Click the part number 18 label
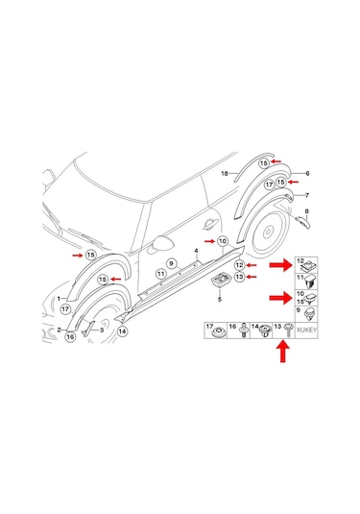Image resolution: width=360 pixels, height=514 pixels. coord(225,173)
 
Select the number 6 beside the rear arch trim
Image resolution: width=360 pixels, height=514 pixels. coord(307,173)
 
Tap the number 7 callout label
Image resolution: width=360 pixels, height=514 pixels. coord(307,195)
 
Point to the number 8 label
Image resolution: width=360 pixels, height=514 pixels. coord(306,211)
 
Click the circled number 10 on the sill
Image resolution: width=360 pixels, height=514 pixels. coord(223,241)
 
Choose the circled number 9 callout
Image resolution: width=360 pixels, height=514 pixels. coord(171,263)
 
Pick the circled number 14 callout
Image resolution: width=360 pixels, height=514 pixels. coord(122,331)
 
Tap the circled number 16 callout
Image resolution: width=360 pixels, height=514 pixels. coord(70,336)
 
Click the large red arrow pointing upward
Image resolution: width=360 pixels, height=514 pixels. coord(282,352)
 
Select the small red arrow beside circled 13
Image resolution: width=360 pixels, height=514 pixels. coord(252,277)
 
